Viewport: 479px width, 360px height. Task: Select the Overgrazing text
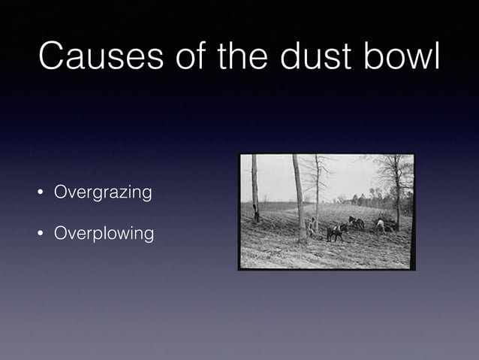click(103, 193)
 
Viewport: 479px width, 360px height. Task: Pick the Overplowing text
click(104, 234)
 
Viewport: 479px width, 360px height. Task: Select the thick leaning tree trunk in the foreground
click(300, 199)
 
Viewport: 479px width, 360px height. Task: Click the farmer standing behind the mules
click(312, 227)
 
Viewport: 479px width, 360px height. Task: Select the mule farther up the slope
click(356, 222)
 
